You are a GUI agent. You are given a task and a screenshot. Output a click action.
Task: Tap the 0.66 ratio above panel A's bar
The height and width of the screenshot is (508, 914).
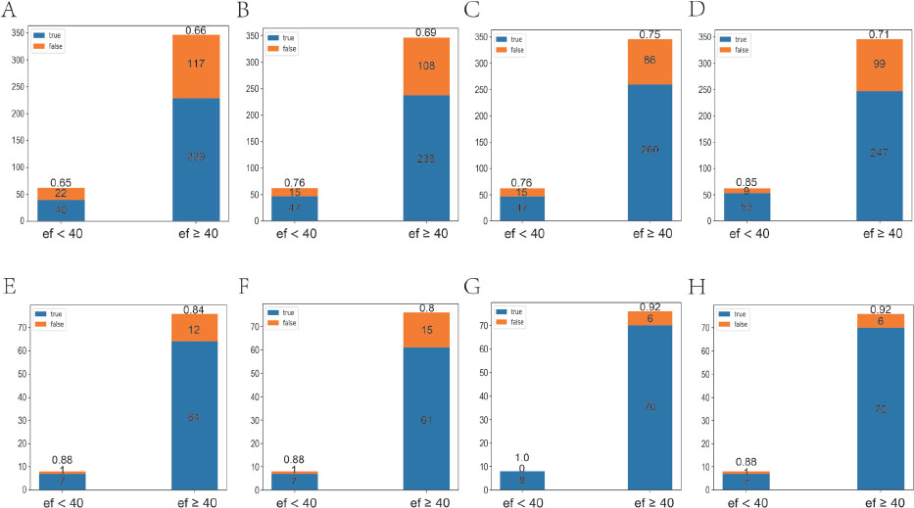[196, 29]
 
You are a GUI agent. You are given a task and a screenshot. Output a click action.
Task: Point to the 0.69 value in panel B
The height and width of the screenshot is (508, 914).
[427, 32]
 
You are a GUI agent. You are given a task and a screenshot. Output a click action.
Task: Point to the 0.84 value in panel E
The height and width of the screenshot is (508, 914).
[196, 308]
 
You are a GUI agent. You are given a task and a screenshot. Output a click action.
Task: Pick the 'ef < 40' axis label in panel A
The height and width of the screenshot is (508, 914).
[62, 235]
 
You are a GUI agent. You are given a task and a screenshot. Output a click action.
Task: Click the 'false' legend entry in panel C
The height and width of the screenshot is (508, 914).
[518, 50]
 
